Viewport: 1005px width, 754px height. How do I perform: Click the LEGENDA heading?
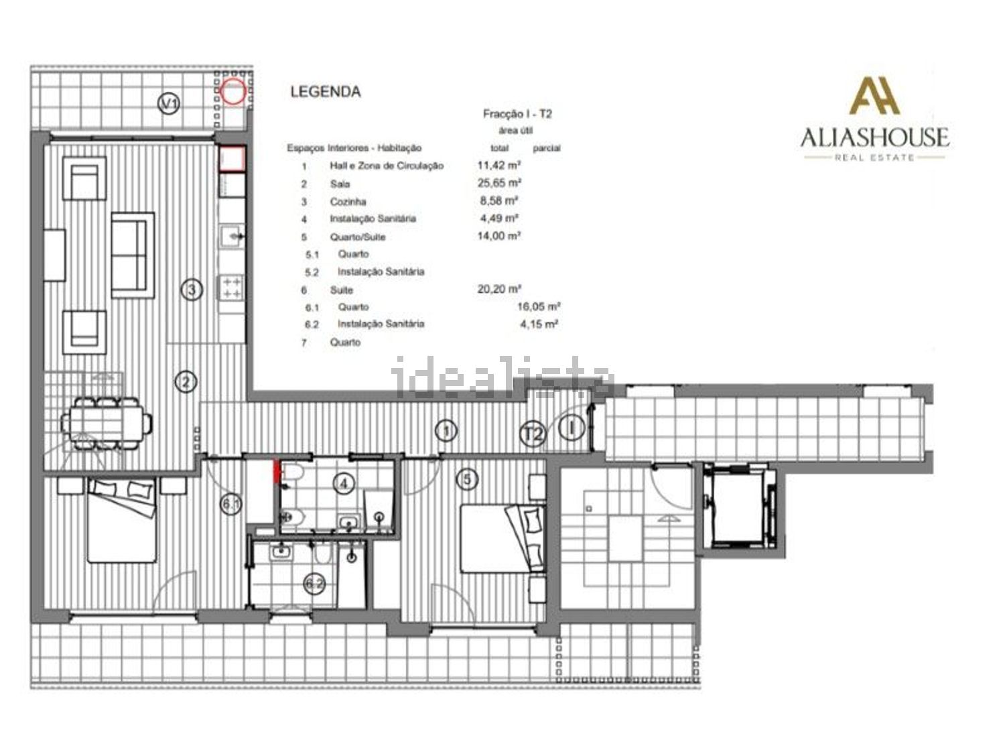[326, 92]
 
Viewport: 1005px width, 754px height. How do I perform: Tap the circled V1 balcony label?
[168, 103]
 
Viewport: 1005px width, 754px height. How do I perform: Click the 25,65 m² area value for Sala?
[499, 183]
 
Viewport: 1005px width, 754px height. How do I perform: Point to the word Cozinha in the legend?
[348, 202]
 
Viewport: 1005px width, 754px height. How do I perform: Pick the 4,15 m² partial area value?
[539, 324]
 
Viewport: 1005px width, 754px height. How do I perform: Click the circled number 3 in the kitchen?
[192, 290]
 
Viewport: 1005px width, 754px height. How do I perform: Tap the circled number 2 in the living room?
[186, 381]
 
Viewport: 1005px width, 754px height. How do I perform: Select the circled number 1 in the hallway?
[446, 430]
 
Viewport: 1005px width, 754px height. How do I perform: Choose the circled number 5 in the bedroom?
[467, 479]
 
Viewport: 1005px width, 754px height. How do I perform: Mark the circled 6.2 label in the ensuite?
[315, 584]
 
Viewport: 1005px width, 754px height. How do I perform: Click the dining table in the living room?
[107, 423]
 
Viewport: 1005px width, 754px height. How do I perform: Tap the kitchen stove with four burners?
[232, 288]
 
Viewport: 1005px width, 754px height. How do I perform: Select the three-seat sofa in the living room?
[133, 255]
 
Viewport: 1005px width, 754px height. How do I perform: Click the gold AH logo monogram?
[874, 95]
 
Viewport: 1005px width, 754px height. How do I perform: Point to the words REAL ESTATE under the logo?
[874, 158]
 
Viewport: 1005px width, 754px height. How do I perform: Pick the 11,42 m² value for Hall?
[499, 165]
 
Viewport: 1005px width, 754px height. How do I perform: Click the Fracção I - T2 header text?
[517, 113]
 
